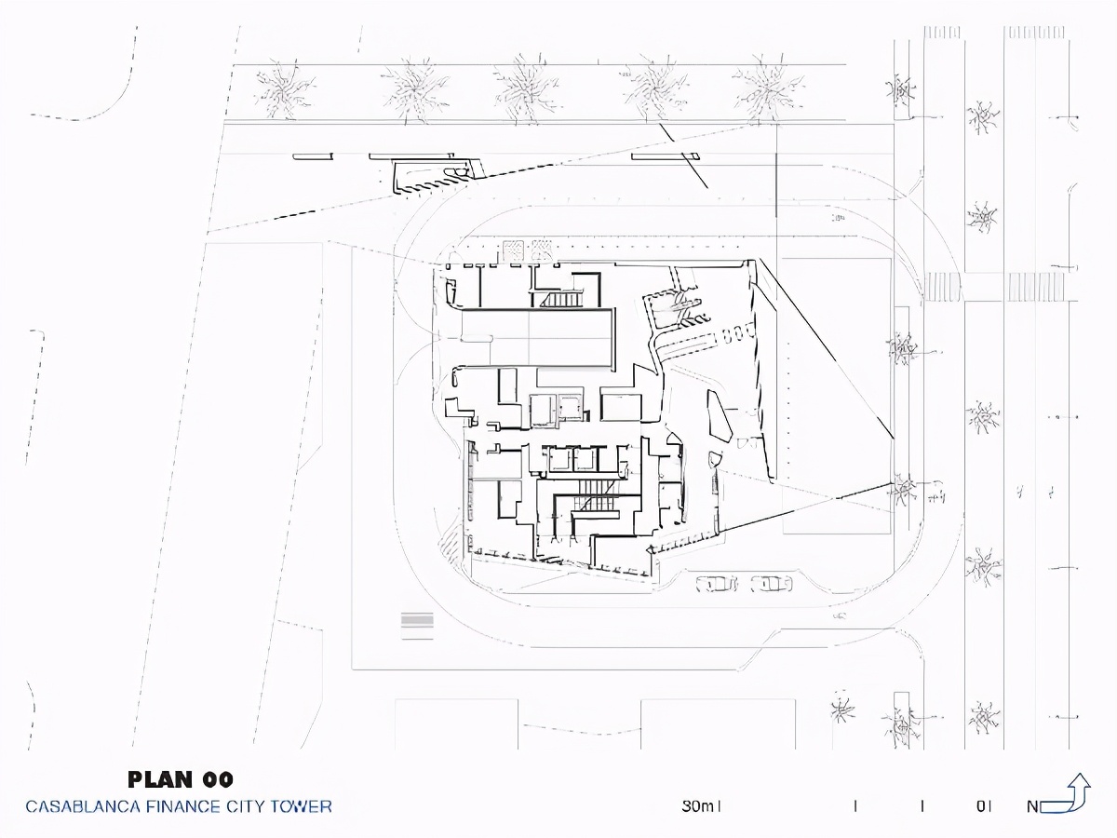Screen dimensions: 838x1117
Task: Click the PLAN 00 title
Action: [x=181, y=779]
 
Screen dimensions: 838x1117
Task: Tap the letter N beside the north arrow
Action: [x=1032, y=806]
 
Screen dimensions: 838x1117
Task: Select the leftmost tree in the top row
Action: [x=286, y=89]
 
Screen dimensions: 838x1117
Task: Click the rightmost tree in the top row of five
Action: [x=768, y=89]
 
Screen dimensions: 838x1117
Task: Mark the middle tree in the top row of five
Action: [x=527, y=89]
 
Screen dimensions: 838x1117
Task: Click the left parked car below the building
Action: [x=717, y=584]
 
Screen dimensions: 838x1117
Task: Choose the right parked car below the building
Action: [x=771, y=584]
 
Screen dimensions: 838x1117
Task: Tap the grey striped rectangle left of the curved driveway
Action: [x=417, y=626]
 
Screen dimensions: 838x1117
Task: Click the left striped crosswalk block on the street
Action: [x=943, y=286]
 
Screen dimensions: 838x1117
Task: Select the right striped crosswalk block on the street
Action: [x=1036, y=286]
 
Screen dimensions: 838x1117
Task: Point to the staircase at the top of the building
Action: [x=561, y=300]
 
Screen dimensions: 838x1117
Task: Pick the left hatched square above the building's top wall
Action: [x=513, y=250]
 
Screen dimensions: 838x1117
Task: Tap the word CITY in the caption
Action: [x=246, y=806]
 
